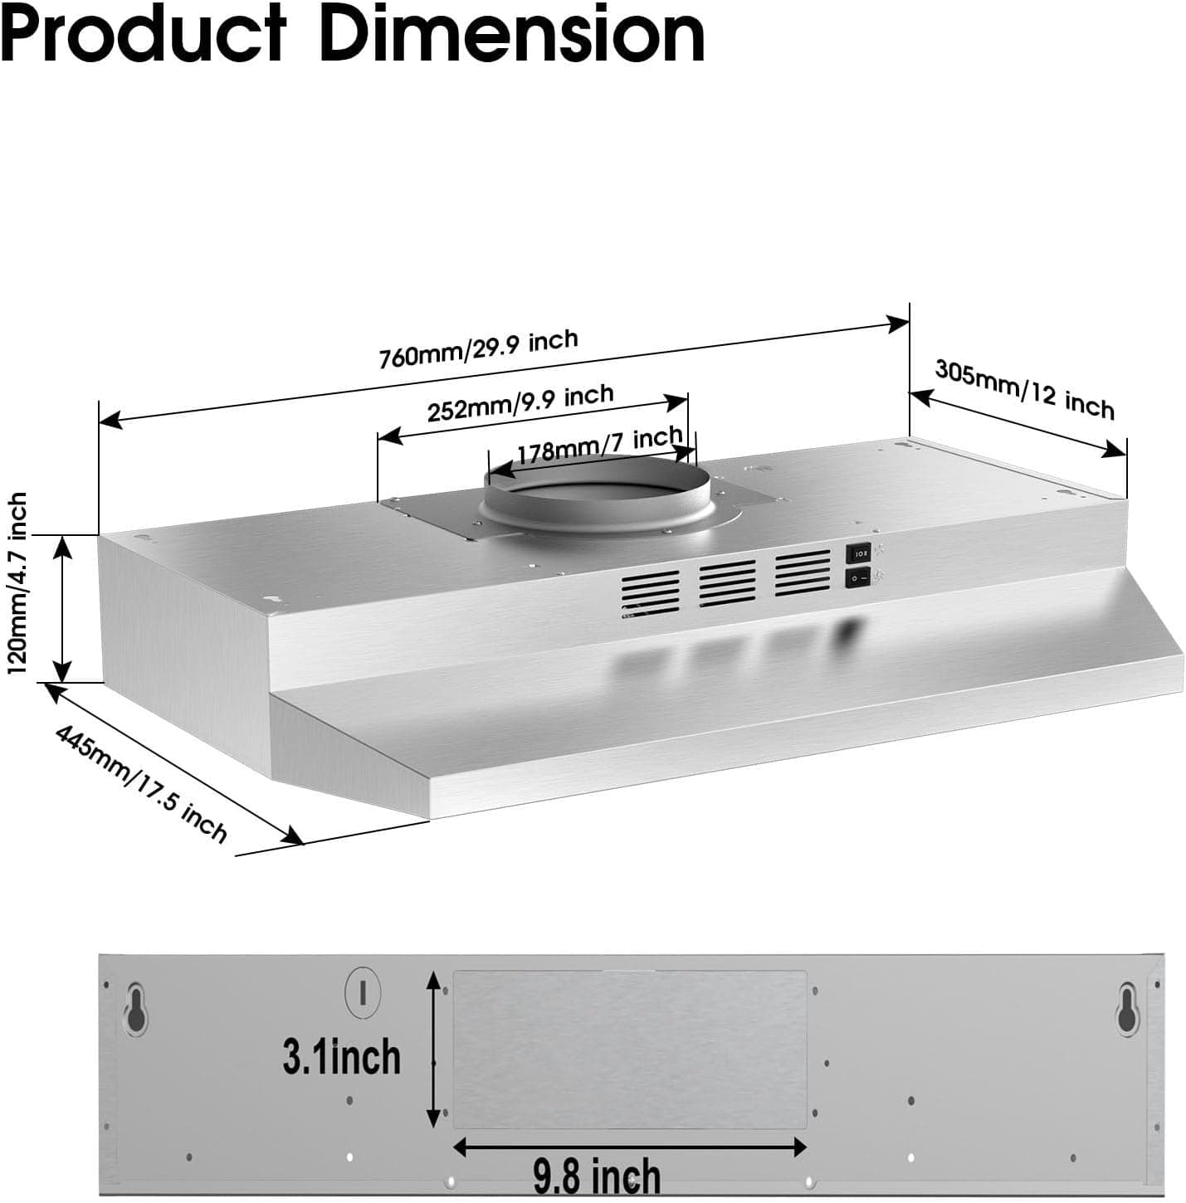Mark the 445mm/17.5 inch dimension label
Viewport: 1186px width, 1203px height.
[141, 783]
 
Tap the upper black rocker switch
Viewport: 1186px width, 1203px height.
[857, 553]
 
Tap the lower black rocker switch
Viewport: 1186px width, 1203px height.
[857, 577]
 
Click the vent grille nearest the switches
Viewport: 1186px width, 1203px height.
[803, 572]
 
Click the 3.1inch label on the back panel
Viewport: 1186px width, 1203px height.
[341, 1057]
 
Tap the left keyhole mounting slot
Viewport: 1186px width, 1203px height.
[135, 1008]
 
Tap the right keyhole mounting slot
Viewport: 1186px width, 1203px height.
[1126, 1008]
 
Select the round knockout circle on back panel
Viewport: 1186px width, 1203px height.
[363, 991]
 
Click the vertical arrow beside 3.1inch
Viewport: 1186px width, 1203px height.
[432, 1049]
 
